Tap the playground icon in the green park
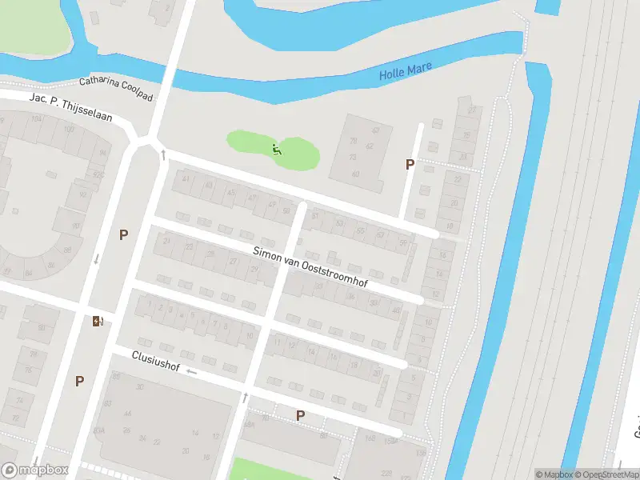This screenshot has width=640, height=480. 277,148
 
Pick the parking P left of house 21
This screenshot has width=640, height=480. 123,234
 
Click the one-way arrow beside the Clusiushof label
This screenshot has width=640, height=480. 191,372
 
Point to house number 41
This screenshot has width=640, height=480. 187,178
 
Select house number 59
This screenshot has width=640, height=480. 286,210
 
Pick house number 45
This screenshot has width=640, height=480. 230,192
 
